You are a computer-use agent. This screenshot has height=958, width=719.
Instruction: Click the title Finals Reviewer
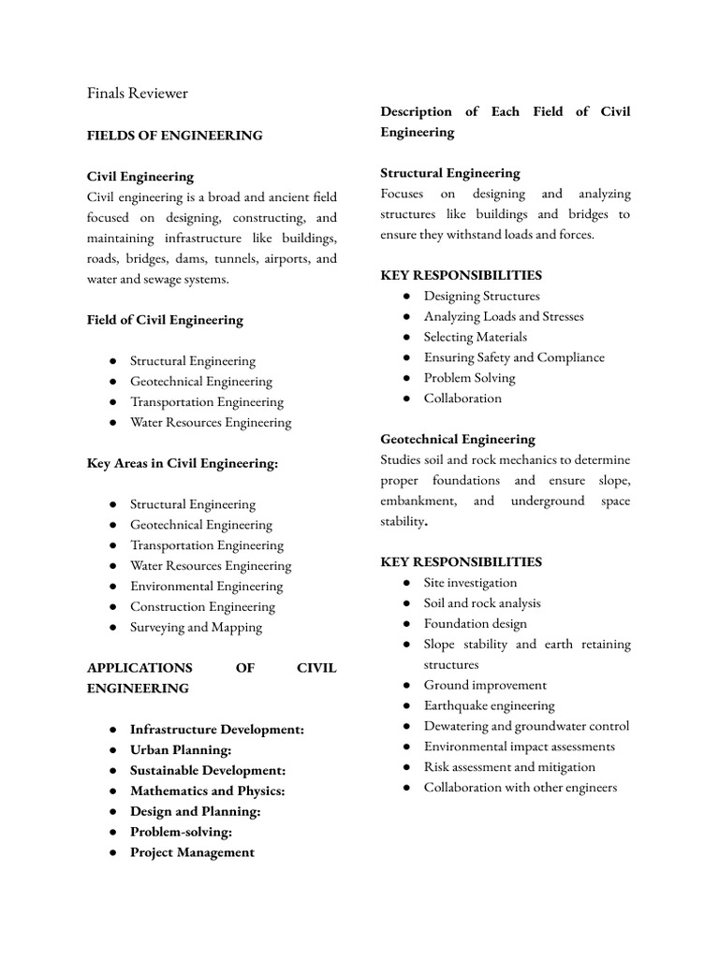pyautogui.click(x=137, y=93)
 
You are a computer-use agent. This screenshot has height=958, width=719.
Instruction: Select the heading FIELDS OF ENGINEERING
pyautogui.click(x=174, y=136)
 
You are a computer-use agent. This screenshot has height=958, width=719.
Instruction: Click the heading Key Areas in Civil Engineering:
pyautogui.click(x=182, y=463)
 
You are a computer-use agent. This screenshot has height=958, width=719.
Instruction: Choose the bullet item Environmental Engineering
pyautogui.click(x=206, y=587)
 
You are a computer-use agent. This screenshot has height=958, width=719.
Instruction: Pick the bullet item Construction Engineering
pyautogui.click(x=202, y=607)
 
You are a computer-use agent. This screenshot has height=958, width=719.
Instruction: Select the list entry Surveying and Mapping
pyautogui.click(x=196, y=628)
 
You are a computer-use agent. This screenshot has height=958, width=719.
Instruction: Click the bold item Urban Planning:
pyautogui.click(x=180, y=750)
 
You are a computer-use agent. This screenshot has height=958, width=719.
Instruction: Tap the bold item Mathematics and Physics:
pyautogui.click(x=207, y=791)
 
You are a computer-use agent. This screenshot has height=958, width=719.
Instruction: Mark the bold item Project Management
pyautogui.click(x=192, y=852)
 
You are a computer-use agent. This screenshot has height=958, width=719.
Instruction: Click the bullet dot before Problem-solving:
pyautogui.click(x=111, y=832)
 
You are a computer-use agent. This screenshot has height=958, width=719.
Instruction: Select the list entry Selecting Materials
pyautogui.click(x=475, y=337)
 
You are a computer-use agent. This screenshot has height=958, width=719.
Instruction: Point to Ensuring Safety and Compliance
pyautogui.click(x=514, y=357)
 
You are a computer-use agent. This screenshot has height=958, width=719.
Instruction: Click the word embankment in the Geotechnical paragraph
pyautogui.click(x=418, y=501)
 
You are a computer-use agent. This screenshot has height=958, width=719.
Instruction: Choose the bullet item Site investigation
pyautogui.click(x=470, y=583)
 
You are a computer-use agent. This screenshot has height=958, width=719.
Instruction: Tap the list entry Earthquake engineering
pyautogui.click(x=489, y=706)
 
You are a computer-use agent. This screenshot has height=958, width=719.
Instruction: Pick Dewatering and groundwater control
pyautogui.click(x=526, y=727)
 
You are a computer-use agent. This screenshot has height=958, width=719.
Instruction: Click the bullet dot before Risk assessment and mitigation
pyautogui.click(x=405, y=767)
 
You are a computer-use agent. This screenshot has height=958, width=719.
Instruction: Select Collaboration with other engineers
pyautogui.click(x=520, y=788)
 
